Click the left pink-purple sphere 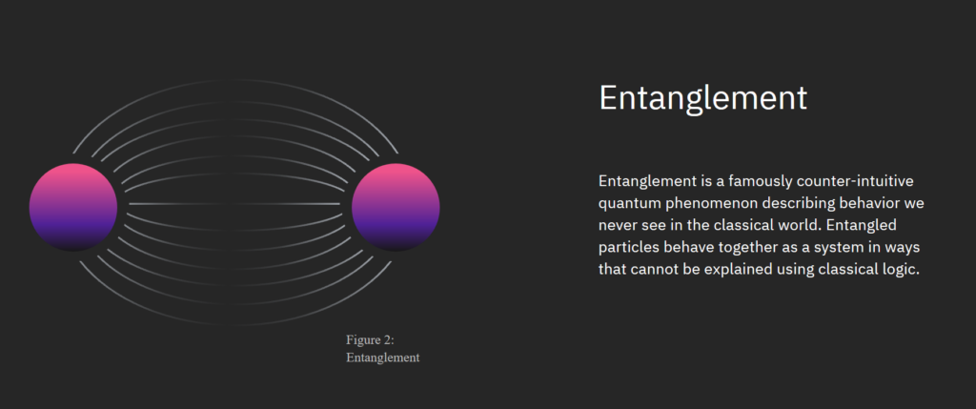tap(73, 207)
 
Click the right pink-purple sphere tap(396, 207)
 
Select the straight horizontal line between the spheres tap(234, 204)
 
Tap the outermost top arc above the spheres tap(235, 80)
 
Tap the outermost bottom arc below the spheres tap(235, 324)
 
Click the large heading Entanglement tap(702, 98)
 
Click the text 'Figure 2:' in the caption tap(371, 340)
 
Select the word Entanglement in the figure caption tap(383, 358)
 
